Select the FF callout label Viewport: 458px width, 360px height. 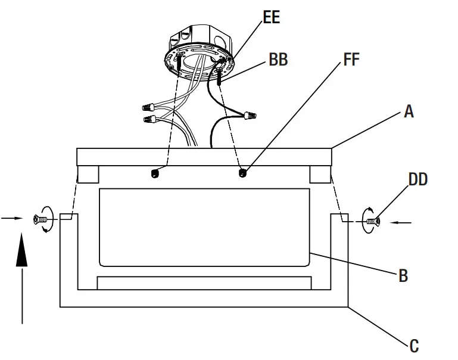351,60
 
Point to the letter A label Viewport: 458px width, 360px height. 409,111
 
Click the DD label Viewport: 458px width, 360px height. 418,179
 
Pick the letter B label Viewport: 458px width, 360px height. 403,276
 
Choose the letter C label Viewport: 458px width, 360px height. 413,345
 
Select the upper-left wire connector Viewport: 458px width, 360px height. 148,108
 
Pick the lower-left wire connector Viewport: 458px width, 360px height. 149,121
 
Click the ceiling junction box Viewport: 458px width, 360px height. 200,48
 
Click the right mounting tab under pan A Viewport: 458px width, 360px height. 319,174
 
